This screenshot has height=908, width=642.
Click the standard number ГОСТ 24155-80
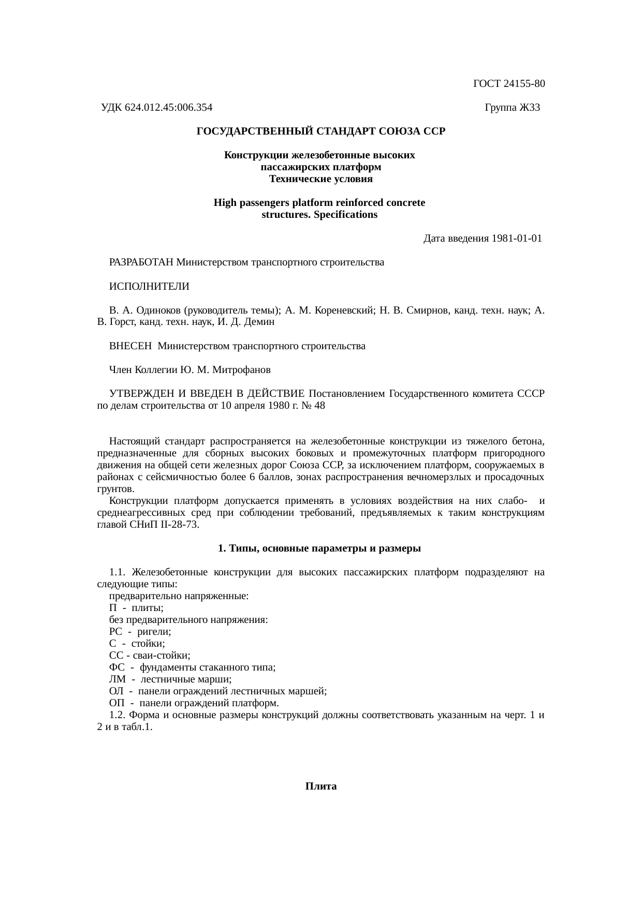[509, 83]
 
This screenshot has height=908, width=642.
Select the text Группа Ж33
[512, 108]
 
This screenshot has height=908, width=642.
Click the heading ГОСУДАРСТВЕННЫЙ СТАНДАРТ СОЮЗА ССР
[321, 131]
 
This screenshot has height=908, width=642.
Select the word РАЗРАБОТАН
[141, 262]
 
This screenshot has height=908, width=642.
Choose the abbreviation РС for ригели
[115, 632]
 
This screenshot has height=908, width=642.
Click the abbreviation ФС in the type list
[116, 667]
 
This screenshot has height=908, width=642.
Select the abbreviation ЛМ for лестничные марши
[117, 679]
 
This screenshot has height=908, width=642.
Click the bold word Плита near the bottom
[321, 786]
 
